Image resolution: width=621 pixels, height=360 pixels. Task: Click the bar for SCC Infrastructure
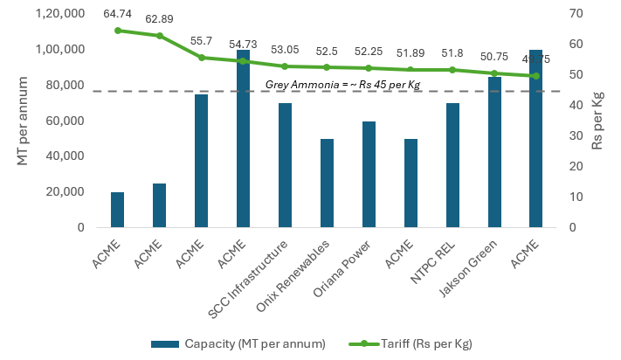pos(285,166)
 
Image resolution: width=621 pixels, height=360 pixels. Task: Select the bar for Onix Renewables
pos(327,183)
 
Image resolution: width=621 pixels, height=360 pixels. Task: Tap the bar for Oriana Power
pos(369,175)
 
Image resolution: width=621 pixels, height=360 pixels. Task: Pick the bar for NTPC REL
pos(452,166)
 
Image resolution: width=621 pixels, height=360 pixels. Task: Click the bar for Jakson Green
pos(494,153)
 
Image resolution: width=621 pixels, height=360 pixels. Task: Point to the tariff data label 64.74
pos(117,15)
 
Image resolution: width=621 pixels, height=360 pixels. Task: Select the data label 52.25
pos(369,52)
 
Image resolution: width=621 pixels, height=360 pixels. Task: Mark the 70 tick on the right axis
pos(573,14)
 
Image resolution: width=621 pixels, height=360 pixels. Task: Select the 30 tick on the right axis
pos(573,135)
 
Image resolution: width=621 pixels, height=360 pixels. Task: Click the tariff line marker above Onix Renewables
pos(327,67)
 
